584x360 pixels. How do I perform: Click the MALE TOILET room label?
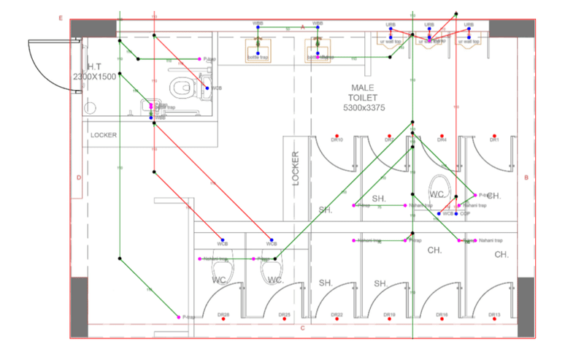363,97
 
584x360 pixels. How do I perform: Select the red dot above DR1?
494,135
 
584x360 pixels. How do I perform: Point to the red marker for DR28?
224,310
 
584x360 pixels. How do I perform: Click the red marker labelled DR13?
494,310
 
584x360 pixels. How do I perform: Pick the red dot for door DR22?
337,310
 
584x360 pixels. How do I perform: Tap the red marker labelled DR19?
389,310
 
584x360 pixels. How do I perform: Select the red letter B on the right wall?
526,177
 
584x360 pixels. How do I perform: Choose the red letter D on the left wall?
78,177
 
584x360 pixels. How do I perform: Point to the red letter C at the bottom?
302,328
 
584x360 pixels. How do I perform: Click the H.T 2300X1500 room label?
94,72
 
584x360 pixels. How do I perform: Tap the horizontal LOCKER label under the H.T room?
104,135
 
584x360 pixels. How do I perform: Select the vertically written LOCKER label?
296,169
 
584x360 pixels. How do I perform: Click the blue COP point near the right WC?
456,213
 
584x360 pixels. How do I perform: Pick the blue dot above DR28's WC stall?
222,241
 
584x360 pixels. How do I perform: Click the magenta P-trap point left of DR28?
179,317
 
